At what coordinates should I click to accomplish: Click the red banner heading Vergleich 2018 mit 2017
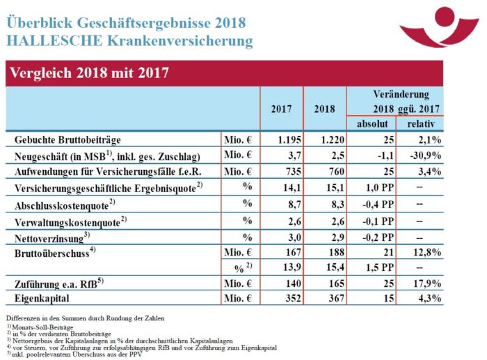(x=87, y=72)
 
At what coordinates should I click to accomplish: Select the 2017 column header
(x=281, y=109)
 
